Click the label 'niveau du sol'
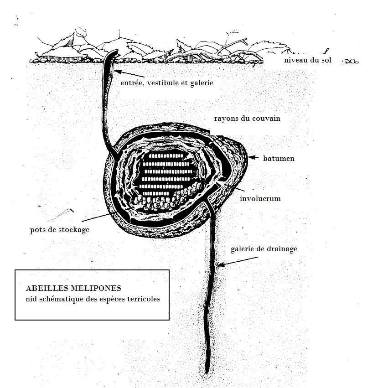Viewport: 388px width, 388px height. click(x=307, y=60)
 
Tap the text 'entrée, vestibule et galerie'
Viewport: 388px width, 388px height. click(x=166, y=83)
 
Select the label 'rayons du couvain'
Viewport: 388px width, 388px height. click(x=247, y=119)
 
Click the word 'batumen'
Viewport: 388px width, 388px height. click(x=279, y=159)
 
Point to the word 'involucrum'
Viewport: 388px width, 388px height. click(x=260, y=199)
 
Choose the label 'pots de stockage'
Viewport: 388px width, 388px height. click(x=60, y=230)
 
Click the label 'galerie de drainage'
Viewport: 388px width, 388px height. click(x=264, y=249)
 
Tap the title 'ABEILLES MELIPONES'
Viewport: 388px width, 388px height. click(x=73, y=289)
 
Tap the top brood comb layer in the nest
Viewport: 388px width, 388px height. click(x=164, y=156)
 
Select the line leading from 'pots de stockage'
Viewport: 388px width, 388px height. click(x=98, y=218)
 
